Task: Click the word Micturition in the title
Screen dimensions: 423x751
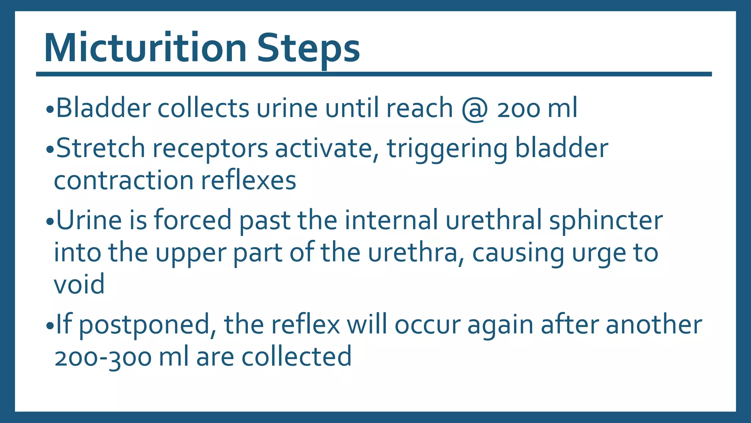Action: pos(145,48)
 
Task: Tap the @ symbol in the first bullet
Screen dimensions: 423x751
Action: pos(475,109)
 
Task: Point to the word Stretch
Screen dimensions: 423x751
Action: pos(100,148)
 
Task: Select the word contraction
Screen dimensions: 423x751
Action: pos(124,180)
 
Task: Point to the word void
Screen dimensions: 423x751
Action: pos(79,284)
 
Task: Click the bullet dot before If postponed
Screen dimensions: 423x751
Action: pos(50,326)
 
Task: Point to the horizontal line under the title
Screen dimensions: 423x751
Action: pos(374,74)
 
